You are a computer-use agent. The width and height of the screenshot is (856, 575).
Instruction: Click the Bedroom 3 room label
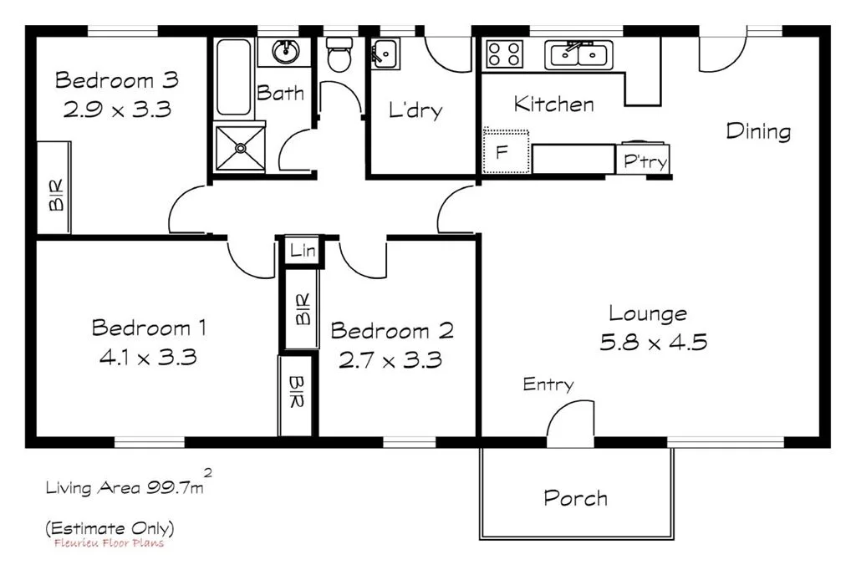point(116,80)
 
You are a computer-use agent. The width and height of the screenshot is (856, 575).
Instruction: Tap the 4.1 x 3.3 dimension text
point(148,358)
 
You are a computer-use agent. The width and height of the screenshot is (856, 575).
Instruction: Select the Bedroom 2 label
point(392,331)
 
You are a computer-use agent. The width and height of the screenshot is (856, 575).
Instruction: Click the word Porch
point(575,499)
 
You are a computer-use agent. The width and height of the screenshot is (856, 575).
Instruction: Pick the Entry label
point(548,384)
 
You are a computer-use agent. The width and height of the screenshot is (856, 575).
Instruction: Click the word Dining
point(757,131)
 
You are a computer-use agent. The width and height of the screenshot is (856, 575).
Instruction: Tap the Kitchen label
point(553,104)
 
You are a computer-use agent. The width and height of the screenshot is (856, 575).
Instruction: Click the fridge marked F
point(505,153)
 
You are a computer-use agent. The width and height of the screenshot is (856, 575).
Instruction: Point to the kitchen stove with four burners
point(504,54)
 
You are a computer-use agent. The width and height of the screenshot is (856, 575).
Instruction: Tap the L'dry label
point(415,110)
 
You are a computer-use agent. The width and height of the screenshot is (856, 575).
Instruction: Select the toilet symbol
point(339,55)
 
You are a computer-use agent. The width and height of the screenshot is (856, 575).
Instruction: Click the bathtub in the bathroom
point(233,78)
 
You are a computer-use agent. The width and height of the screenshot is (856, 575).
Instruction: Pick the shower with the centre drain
point(240,148)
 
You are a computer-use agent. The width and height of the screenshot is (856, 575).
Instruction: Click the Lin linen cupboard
point(302,251)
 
